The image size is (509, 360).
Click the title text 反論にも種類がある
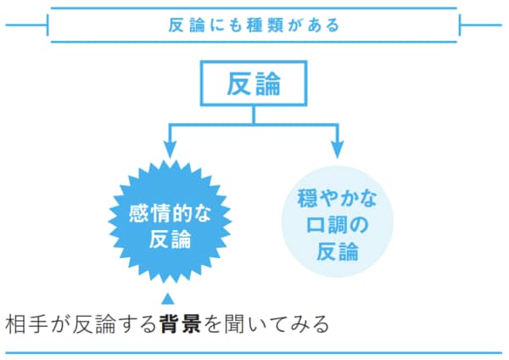(254, 25)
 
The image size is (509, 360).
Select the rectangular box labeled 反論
(254, 86)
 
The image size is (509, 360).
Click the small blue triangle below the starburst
(167, 297)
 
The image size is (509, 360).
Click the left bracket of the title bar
(50, 25)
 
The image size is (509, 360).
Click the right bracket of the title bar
(460, 25)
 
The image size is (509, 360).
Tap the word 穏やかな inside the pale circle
(338, 200)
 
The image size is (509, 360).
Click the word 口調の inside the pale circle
(338, 226)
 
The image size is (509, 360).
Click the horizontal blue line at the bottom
(254, 352)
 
